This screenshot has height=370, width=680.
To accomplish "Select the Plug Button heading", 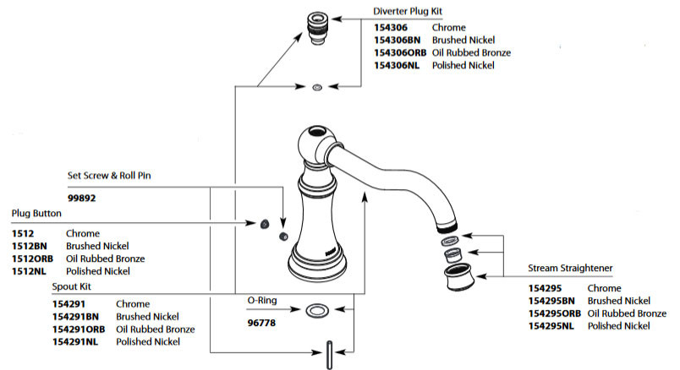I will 36,213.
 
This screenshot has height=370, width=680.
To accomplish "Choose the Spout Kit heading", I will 71,287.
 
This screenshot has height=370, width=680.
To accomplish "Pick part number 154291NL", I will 74,342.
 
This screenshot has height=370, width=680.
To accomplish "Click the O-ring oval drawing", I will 318,311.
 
